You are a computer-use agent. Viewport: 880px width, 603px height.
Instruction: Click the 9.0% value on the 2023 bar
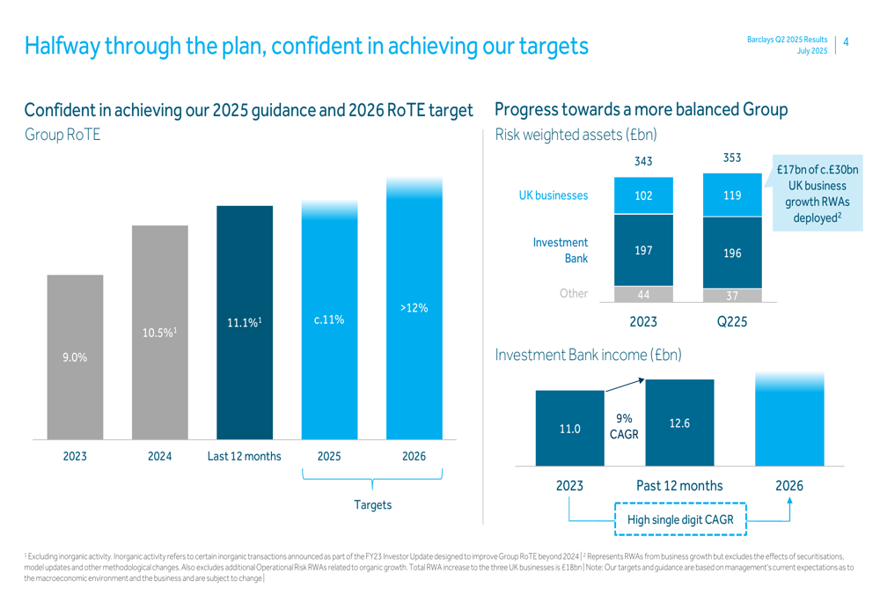(x=75, y=357)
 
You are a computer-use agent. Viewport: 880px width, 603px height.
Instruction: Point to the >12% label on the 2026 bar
(x=414, y=308)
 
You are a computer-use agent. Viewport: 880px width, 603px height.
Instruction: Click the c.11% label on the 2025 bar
(x=328, y=320)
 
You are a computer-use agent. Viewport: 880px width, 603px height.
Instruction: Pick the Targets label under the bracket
(x=372, y=504)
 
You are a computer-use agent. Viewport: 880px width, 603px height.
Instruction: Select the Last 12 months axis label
(x=244, y=456)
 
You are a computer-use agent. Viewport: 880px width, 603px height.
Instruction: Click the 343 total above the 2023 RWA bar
(x=643, y=161)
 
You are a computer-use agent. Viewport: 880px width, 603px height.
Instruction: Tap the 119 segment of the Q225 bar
(x=732, y=195)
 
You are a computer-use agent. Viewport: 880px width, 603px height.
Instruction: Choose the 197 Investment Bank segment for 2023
(x=643, y=251)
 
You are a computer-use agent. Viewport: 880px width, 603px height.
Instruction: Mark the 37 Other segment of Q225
(x=732, y=295)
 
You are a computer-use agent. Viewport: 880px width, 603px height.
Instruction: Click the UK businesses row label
(x=554, y=195)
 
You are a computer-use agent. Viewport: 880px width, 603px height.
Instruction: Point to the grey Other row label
(x=573, y=293)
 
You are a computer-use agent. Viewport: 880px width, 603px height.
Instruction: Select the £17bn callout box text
(x=818, y=194)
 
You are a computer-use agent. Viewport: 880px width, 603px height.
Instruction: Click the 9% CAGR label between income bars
(x=624, y=427)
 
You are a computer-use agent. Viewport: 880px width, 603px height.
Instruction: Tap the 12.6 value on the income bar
(x=679, y=423)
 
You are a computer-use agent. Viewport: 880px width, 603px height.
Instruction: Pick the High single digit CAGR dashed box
(x=679, y=519)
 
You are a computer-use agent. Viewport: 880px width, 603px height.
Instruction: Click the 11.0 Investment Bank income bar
(x=569, y=429)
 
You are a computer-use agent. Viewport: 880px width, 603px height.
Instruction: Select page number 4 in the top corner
(x=846, y=41)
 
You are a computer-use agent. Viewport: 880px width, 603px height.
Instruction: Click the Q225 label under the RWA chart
(x=732, y=322)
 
